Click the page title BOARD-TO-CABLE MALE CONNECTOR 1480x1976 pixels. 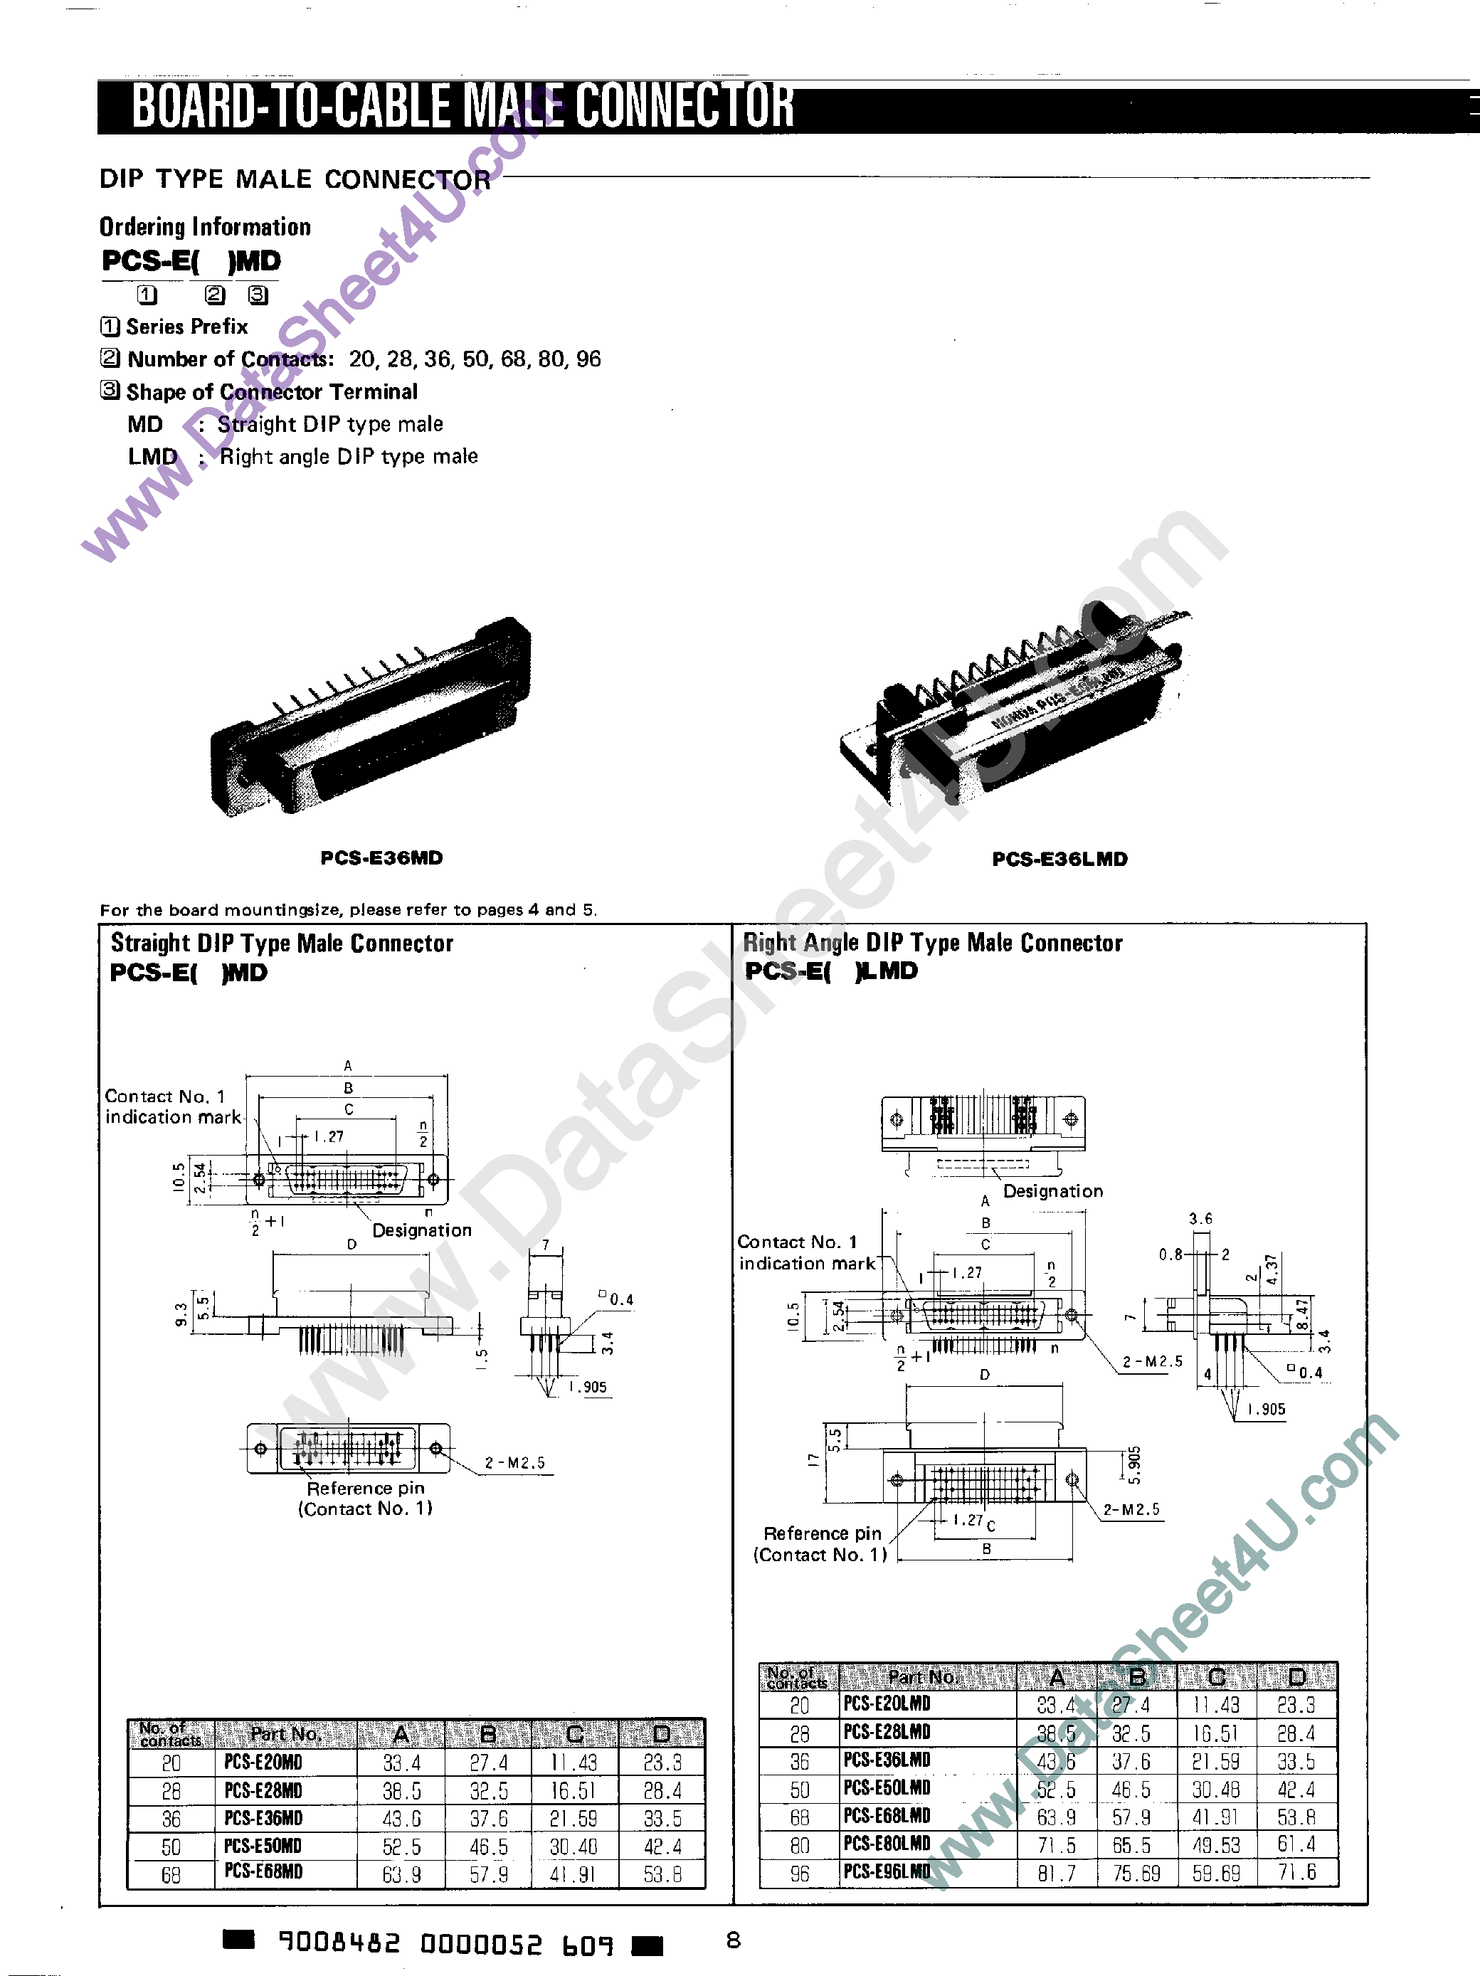click(x=462, y=106)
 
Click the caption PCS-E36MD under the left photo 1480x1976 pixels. click(x=381, y=857)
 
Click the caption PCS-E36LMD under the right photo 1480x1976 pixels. click(x=1059, y=858)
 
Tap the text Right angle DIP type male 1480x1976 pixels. click(x=349, y=457)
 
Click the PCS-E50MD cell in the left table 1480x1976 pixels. click(x=263, y=1846)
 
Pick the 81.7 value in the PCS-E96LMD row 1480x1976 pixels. click(x=1057, y=1872)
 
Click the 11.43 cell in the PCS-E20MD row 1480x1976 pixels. click(x=573, y=1763)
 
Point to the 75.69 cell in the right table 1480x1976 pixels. click(x=1136, y=1872)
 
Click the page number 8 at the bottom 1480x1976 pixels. click(x=734, y=1940)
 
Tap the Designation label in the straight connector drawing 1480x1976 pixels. click(x=421, y=1230)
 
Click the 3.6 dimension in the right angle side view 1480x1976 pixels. click(x=1200, y=1218)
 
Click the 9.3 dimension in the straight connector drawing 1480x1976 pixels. click(x=181, y=1315)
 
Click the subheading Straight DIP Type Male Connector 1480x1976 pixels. click(x=281, y=944)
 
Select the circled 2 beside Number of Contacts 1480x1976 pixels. click(x=109, y=358)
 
